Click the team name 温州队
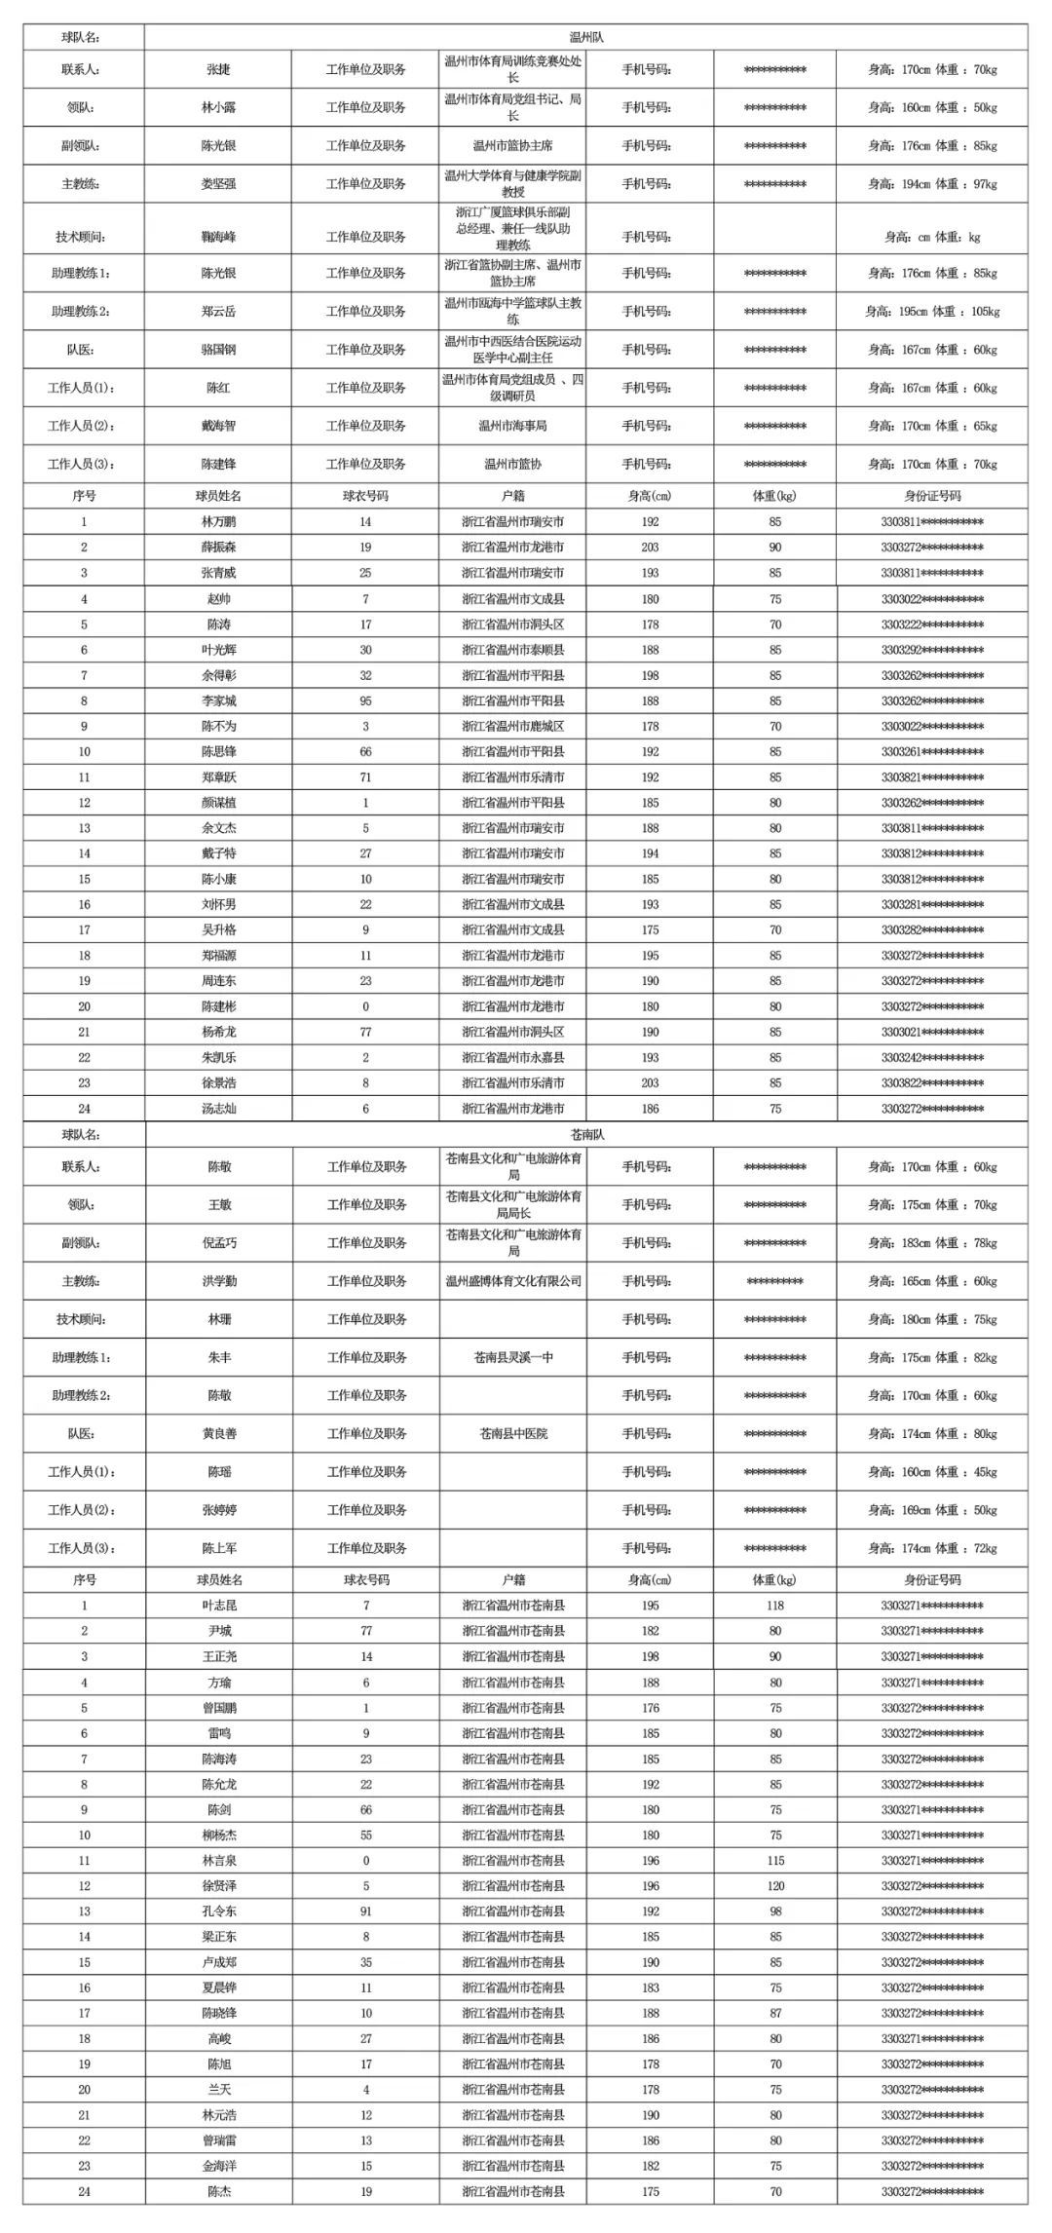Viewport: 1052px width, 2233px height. click(x=586, y=37)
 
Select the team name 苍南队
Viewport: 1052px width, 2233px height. click(x=586, y=1135)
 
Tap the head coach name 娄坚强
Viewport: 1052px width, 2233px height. click(x=218, y=183)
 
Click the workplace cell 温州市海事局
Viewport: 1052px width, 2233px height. click(x=512, y=426)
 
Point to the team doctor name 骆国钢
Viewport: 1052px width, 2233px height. click(x=218, y=349)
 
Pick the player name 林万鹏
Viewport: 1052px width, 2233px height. click(x=218, y=522)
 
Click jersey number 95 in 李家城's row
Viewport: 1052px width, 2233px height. click(x=365, y=700)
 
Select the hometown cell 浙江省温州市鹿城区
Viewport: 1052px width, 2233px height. click(x=512, y=726)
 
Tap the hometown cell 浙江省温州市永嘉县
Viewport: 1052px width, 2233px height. click(x=512, y=1057)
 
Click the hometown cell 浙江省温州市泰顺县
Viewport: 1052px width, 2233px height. click(x=512, y=650)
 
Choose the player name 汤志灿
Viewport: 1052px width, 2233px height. click(x=218, y=1109)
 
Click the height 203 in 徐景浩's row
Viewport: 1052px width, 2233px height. click(x=650, y=1082)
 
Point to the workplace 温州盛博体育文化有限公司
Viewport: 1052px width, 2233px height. click(x=512, y=1281)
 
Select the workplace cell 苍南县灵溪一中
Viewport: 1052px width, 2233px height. click(x=512, y=1357)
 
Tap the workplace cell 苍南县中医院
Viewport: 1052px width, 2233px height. click(x=512, y=1433)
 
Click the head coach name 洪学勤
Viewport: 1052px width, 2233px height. click(x=218, y=1281)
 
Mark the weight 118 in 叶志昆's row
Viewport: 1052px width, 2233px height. click(x=774, y=1606)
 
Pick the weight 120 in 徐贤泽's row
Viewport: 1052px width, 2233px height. click(x=774, y=1886)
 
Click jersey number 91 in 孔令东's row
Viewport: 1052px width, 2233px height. click(x=365, y=1911)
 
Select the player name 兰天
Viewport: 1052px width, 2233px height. click(x=218, y=2090)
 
